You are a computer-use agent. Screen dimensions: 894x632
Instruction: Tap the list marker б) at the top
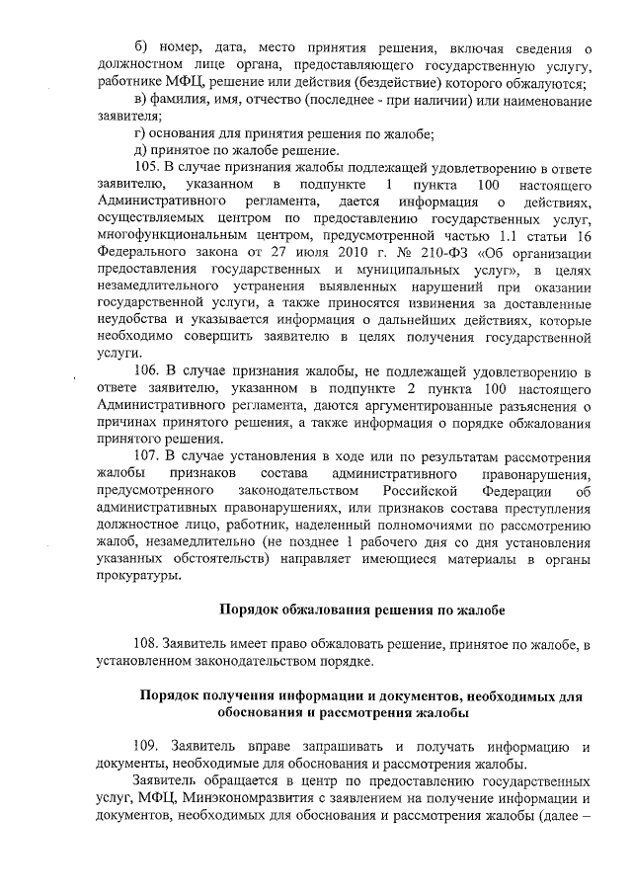point(142,47)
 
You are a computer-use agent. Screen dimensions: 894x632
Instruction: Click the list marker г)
point(140,133)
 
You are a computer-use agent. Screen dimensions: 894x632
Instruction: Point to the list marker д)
point(140,150)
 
